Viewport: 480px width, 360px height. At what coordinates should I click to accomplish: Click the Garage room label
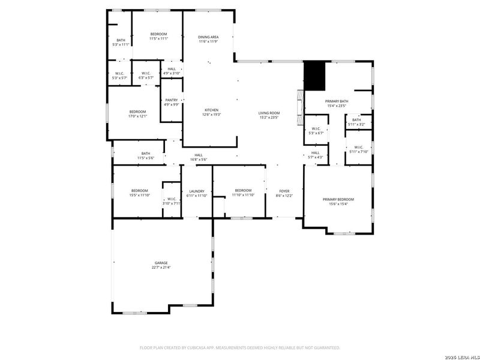[x=161, y=263]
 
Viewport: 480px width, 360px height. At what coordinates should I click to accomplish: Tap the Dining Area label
[x=208, y=37]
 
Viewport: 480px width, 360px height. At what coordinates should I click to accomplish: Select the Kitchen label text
[x=211, y=110]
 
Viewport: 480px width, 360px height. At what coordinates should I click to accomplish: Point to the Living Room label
[x=269, y=113]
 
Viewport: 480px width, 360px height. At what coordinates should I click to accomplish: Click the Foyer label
[x=284, y=191]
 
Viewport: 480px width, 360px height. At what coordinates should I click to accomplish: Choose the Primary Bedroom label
[x=338, y=199]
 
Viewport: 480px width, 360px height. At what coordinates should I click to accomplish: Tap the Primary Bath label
[x=337, y=101]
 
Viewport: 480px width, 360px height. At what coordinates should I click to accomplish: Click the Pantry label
[x=172, y=100]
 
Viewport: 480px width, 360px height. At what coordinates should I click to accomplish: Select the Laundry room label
[x=197, y=191]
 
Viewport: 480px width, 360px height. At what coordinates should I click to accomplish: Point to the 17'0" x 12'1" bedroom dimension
[x=137, y=116]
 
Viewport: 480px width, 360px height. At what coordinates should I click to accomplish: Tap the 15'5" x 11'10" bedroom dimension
[x=139, y=195]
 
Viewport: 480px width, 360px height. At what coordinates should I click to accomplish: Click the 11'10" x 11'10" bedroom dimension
[x=243, y=195]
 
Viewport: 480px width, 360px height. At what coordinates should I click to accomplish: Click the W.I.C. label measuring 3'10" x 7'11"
[x=171, y=203]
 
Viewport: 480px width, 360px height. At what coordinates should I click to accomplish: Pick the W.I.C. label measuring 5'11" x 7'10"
[x=358, y=152]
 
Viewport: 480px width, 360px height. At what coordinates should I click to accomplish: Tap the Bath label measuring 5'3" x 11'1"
[x=121, y=44]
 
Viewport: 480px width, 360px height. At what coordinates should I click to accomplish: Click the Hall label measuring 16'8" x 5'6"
[x=198, y=160]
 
